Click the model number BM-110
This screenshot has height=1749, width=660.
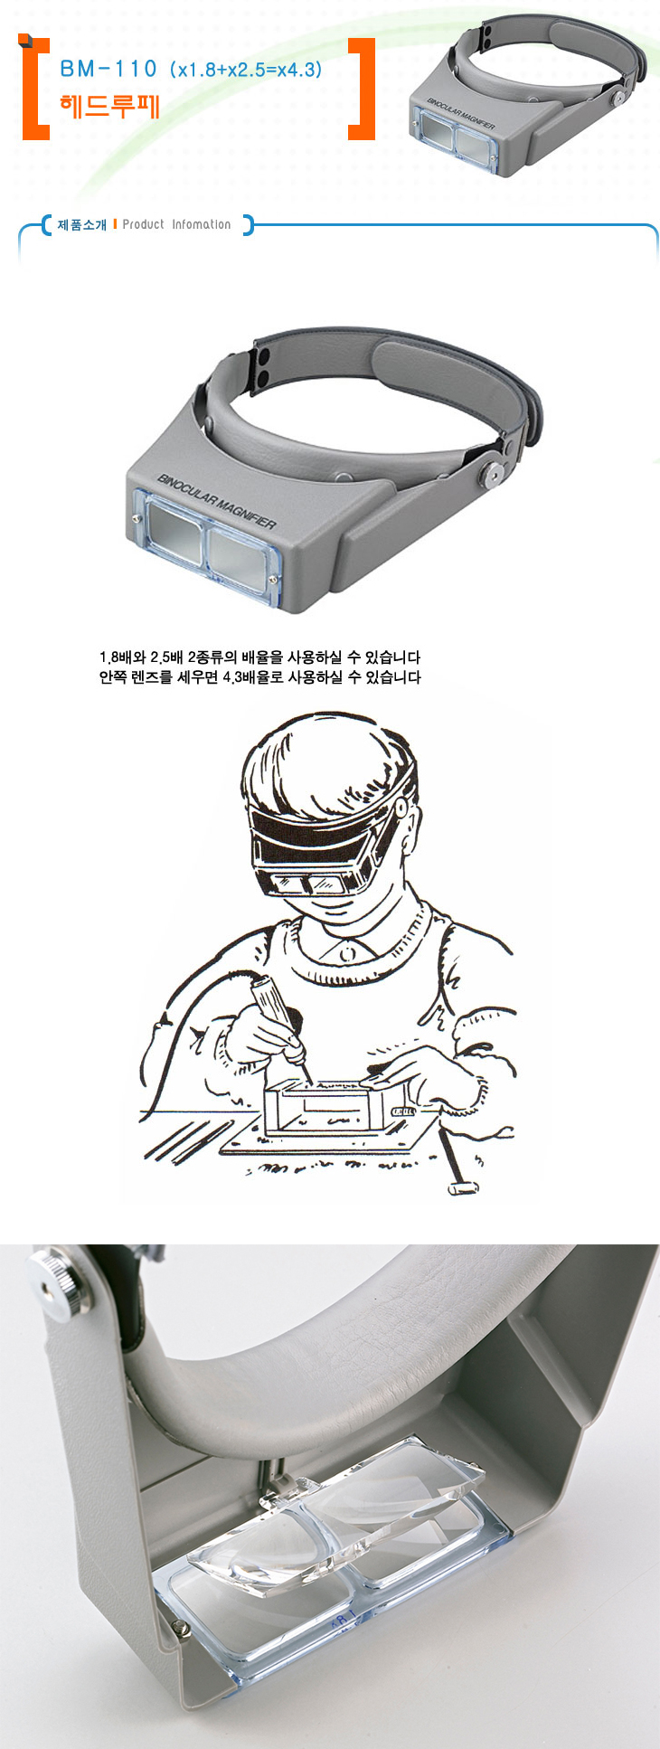click(x=108, y=69)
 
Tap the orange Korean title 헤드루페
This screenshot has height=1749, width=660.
click(x=109, y=106)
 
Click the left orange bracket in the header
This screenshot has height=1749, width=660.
click(x=34, y=90)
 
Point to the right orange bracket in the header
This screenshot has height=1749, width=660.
click(x=363, y=90)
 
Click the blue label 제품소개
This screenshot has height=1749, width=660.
click(x=82, y=224)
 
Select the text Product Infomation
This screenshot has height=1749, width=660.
click(x=176, y=224)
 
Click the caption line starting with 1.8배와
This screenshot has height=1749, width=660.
click(x=259, y=657)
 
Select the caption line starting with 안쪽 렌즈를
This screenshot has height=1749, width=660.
click(x=259, y=677)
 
